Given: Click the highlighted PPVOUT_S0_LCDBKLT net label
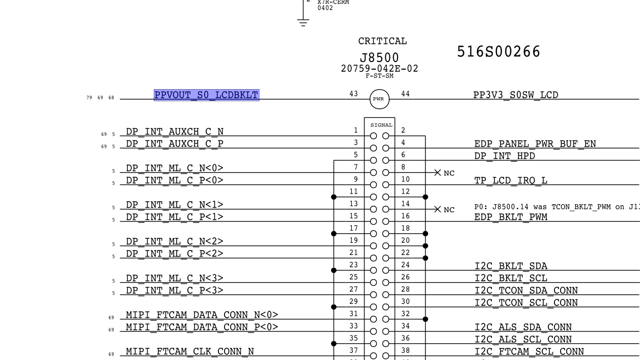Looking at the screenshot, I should pyautogui.click(x=206, y=95).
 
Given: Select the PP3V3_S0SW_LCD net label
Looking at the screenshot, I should pyautogui.click(x=515, y=95).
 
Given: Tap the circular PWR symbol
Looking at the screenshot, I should pyautogui.click(x=379, y=99).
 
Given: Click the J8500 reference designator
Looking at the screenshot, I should pyautogui.click(x=379, y=58).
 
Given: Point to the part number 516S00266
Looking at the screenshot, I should pyautogui.click(x=498, y=52).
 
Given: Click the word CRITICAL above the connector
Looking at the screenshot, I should pyautogui.click(x=382, y=41).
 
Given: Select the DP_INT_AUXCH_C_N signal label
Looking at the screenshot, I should pyautogui.click(x=175, y=132).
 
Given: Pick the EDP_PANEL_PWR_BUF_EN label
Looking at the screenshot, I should pyautogui.click(x=535, y=144).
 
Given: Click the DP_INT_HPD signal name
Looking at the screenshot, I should pyautogui.click(x=505, y=156).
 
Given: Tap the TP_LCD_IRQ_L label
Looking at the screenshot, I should pyautogui.click(x=511, y=181).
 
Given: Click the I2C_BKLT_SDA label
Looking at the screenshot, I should pyautogui.click(x=511, y=266).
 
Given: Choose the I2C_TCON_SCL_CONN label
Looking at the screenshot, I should pyautogui.click(x=526, y=303).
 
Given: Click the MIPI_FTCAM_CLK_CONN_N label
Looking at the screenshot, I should pyautogui.click(x=190, y=352).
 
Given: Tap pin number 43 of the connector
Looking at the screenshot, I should pyautogui.click(x=353, y=94).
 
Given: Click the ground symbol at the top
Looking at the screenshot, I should pyautogui.click(x=303, y=21).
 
